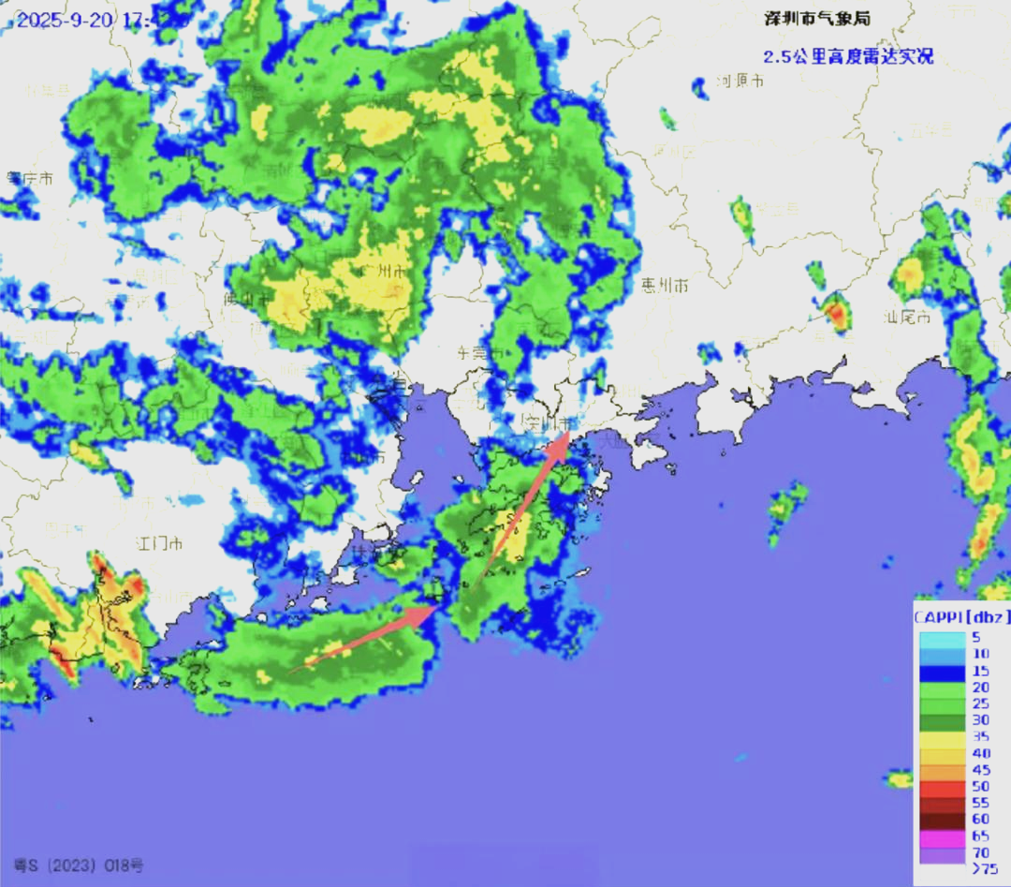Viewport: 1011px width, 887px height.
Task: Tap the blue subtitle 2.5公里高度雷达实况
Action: tap(848, 56)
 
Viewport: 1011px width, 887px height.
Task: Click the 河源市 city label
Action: tap(740, 81)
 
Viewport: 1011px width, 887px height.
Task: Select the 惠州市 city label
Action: tap(665, 284)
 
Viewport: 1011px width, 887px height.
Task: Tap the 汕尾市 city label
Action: tap(907, 317)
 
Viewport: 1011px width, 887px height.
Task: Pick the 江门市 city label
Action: tap(159, 543)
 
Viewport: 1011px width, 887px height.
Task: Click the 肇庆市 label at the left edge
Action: tap(28, 178)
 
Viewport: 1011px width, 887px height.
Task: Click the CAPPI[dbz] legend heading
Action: tap(960, 615)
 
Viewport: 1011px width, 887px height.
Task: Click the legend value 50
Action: tap(980, 786)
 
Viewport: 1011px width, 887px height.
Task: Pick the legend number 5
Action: tap(975, 638)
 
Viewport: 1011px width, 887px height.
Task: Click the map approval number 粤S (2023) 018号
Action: tap(80, 865)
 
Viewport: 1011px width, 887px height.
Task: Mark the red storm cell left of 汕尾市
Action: tap(836, 314)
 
